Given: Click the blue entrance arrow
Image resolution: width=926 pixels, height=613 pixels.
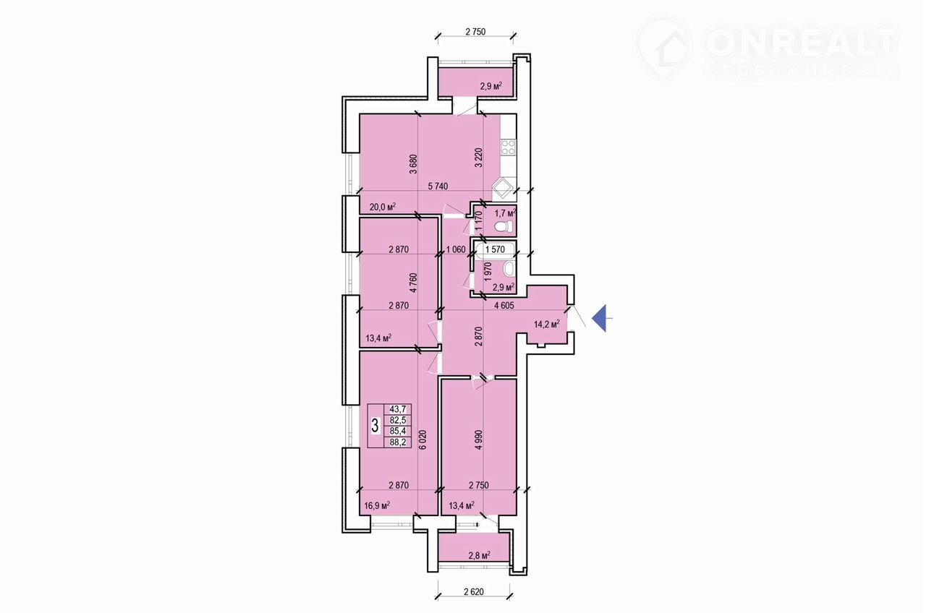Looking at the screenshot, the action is pyautogui.click(x=600, y=318).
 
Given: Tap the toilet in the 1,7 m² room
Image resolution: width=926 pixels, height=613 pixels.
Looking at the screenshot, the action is pyautogui.click(x=504, y=226).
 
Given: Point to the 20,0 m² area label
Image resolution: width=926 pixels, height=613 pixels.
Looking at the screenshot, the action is pyautogui.click(x=93, y=207).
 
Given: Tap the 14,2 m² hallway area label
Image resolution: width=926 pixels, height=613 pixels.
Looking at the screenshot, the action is pyautogui.click(x=546, y=324).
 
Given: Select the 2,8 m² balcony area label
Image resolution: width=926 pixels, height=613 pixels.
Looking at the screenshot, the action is pyautogui.click(x=479, y=555).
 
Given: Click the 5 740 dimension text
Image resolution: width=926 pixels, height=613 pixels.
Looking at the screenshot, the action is pyautogui.click(x=438, y=187).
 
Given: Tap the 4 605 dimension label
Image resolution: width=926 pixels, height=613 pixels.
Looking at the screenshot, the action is pyautogui.click(x=504, y=306).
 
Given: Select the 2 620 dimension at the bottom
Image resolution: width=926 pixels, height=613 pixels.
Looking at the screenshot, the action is pyautogui.click(x=474, y=592).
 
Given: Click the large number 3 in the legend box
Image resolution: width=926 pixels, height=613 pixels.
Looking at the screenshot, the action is pyautogui.click(x=375, y=426).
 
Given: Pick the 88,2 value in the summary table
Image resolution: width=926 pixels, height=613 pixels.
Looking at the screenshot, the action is pyautogui.click(x=398, y=442).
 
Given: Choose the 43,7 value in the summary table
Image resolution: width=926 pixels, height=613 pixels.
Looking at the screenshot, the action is pyautogui.click(x=398, y=409).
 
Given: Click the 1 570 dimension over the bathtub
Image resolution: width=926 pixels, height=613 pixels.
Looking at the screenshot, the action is pyautogui.click(x=495, y=249).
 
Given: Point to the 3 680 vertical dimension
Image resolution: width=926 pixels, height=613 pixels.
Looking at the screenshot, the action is pyautogui.click(x=413, y=164).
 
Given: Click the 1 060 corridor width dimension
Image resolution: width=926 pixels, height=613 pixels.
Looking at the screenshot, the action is pyautogui.click(x=456, y=249).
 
